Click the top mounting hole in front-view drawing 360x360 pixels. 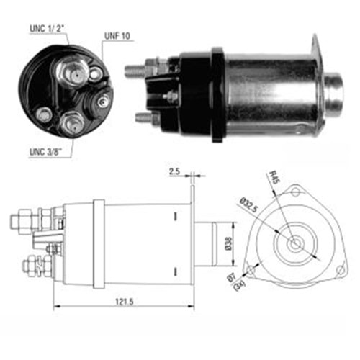pyautogui.click(x=297, y=191)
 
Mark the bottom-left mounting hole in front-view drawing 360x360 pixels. pyautogui.click(x=250, y=270)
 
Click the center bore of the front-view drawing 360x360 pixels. pyautogui.click(x=296, y=243)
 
